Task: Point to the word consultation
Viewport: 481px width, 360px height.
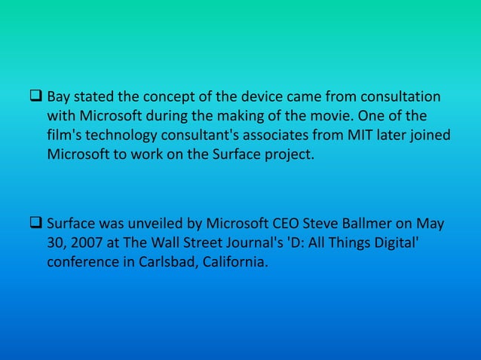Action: tap(400, 98)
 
